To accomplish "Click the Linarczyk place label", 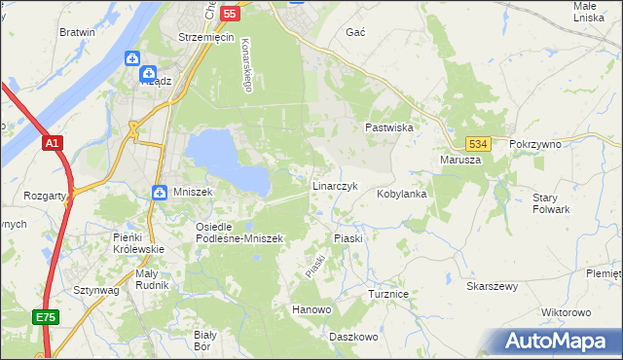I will (336, 185).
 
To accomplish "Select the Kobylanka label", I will (402, 194).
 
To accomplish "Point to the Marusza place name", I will (460, 160).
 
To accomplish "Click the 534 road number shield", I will (476, 143).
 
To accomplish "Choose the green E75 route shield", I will (46, 317).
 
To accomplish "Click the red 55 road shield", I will (230, 14).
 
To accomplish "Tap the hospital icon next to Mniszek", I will (159, 193).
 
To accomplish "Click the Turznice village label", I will (393, 293).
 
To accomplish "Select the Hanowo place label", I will (312, 309).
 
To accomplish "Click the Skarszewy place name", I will (492, 287).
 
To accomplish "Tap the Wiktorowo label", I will (566, 312).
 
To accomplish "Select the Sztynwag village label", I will (96, 290).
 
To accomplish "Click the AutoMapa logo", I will (555, 342).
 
